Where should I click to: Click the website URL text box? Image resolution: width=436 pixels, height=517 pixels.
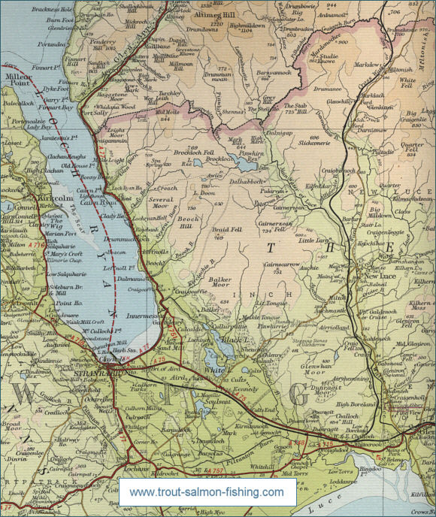207,493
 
